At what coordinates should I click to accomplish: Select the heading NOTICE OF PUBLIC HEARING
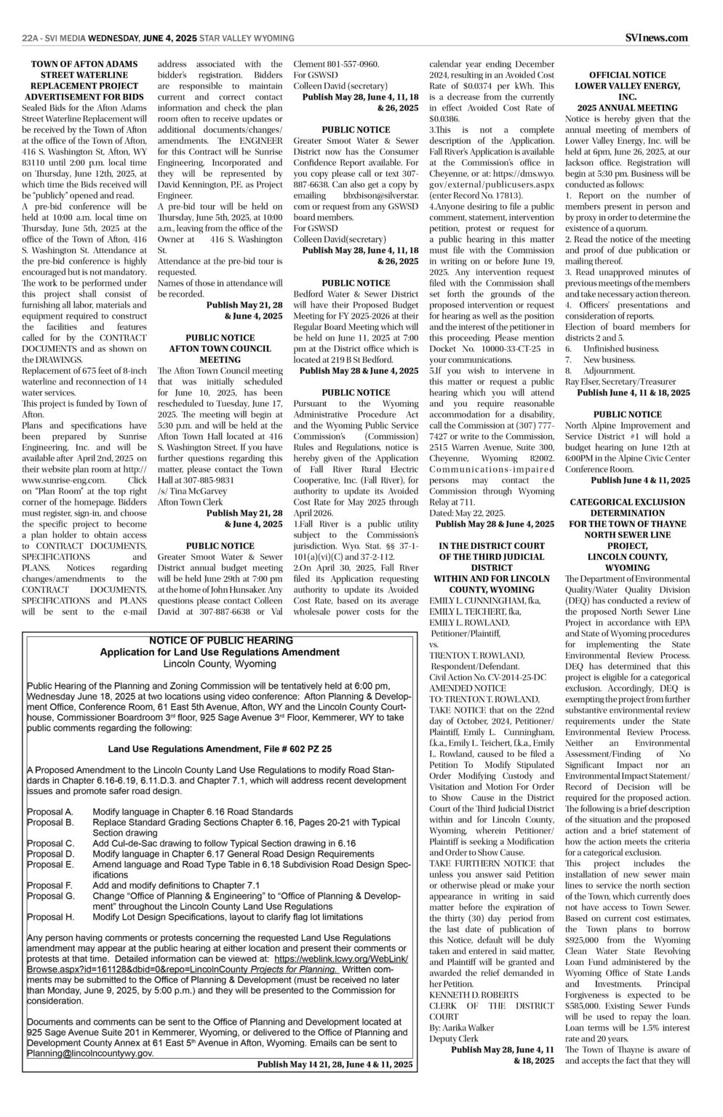pos(220,640)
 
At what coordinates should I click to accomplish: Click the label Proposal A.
pos(50,812)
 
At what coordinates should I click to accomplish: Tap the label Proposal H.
pos(50,917)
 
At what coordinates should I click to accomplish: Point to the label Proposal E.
pos(50,865)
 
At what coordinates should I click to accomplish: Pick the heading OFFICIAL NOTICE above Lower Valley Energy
pos(627,75)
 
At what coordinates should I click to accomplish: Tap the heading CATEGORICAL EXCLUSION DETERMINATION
pos(627,508)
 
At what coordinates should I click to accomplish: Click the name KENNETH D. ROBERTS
pos(474,994)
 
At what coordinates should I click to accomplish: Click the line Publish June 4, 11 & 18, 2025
pos(633,393)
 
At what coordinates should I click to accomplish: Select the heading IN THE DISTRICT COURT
pos(492,546)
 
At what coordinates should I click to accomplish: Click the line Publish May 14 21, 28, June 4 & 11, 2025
pos(335,1064)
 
